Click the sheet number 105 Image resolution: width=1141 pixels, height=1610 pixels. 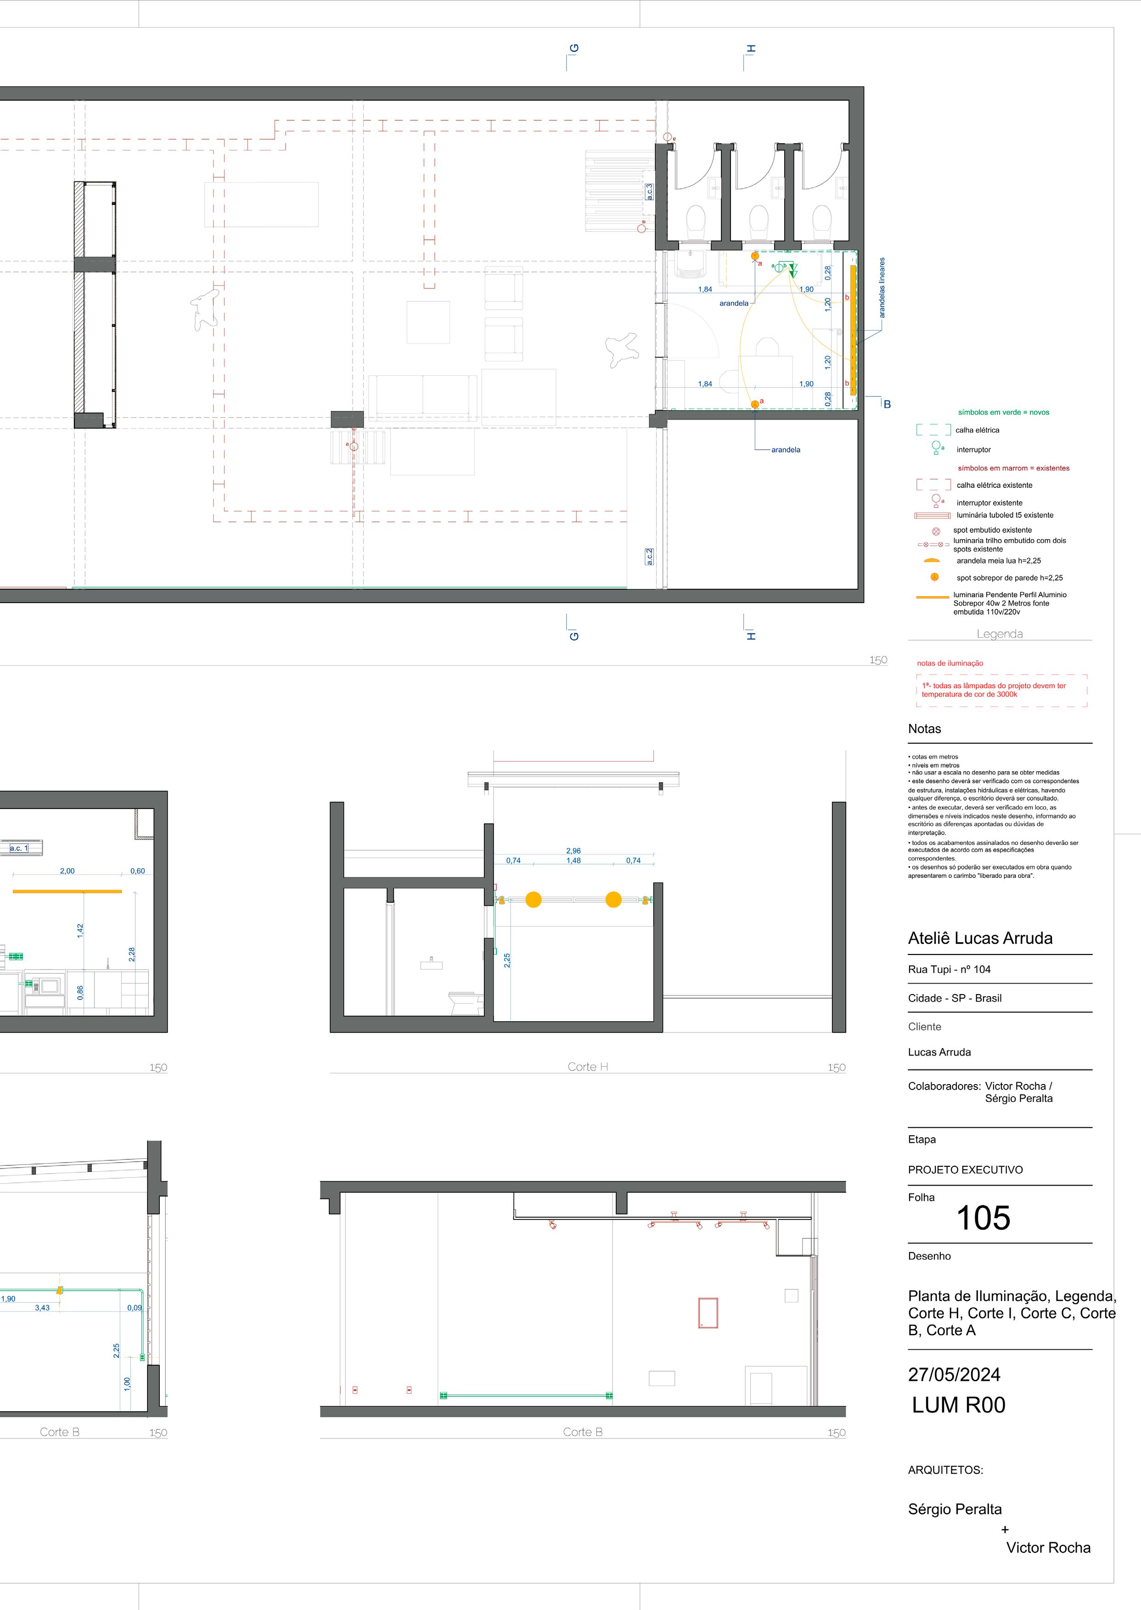point(983,1218)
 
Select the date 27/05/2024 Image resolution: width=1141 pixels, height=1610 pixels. point(954,1374)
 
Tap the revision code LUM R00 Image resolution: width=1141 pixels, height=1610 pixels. point(958,1405)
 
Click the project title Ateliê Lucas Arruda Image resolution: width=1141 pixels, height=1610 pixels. point(980,938)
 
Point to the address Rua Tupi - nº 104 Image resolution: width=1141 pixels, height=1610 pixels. point(949,969)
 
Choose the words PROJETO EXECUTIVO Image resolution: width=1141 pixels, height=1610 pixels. point(965,1169)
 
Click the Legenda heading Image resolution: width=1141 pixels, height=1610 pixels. point(999,634)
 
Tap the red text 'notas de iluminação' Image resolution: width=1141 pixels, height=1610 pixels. point(950,663)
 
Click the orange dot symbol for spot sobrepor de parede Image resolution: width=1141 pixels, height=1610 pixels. point(934,577)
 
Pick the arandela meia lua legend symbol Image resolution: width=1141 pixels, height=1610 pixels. point(932,561)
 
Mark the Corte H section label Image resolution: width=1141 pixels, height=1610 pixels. point(587,1067)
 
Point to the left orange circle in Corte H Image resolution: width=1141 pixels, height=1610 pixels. point(533,899)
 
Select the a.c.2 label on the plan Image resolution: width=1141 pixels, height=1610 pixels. point(650,557)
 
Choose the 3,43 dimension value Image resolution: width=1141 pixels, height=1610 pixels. point(42,1308)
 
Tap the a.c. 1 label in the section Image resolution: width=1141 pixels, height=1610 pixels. point(19,848)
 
